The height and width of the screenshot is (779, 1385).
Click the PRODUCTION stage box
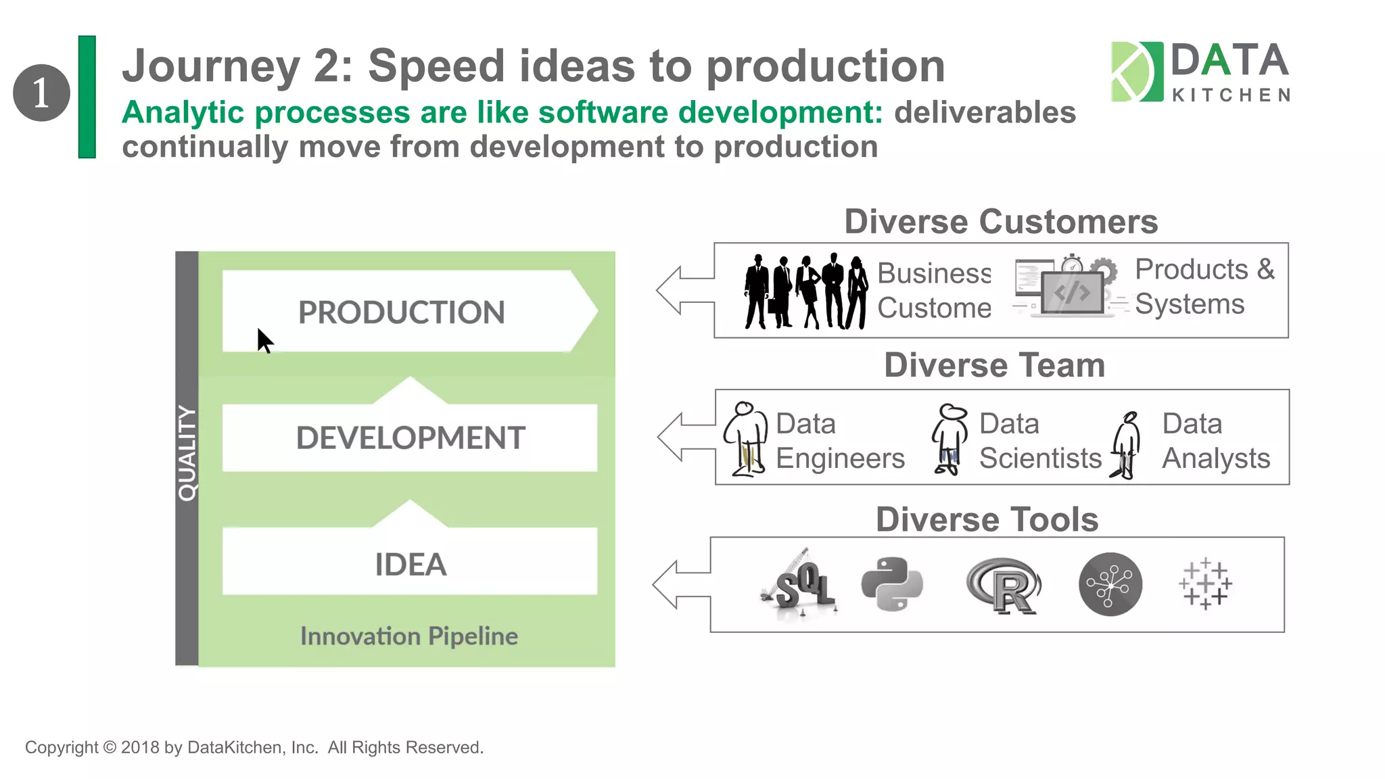click(x=402, y=312)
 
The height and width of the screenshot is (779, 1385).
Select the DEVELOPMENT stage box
click(x=410, y=438)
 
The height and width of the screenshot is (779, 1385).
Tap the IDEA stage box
click(x=410, y=563)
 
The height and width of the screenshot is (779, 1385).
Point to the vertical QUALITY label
click(x=187, y=453)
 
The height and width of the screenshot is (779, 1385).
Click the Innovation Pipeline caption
click(x=408, y=636)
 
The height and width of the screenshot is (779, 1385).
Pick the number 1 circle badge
click(x=41, y=93)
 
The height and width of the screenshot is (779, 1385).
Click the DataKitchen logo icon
click(x=1137, y=72)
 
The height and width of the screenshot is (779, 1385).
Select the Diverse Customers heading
click(x=1001, y=222)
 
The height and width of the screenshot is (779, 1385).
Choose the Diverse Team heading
click(x=994, y=365)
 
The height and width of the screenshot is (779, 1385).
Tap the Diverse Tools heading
click(x=987, y=519)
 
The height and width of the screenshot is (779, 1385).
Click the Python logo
click(x=892, y=584)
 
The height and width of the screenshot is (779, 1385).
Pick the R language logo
click(x=1004, y=586)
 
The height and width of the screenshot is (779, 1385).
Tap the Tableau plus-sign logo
click(x=1205, y=584)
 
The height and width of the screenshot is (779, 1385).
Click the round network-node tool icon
click(x=1110, y=584)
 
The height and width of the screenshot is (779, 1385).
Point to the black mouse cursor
click(x=264, y=340)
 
